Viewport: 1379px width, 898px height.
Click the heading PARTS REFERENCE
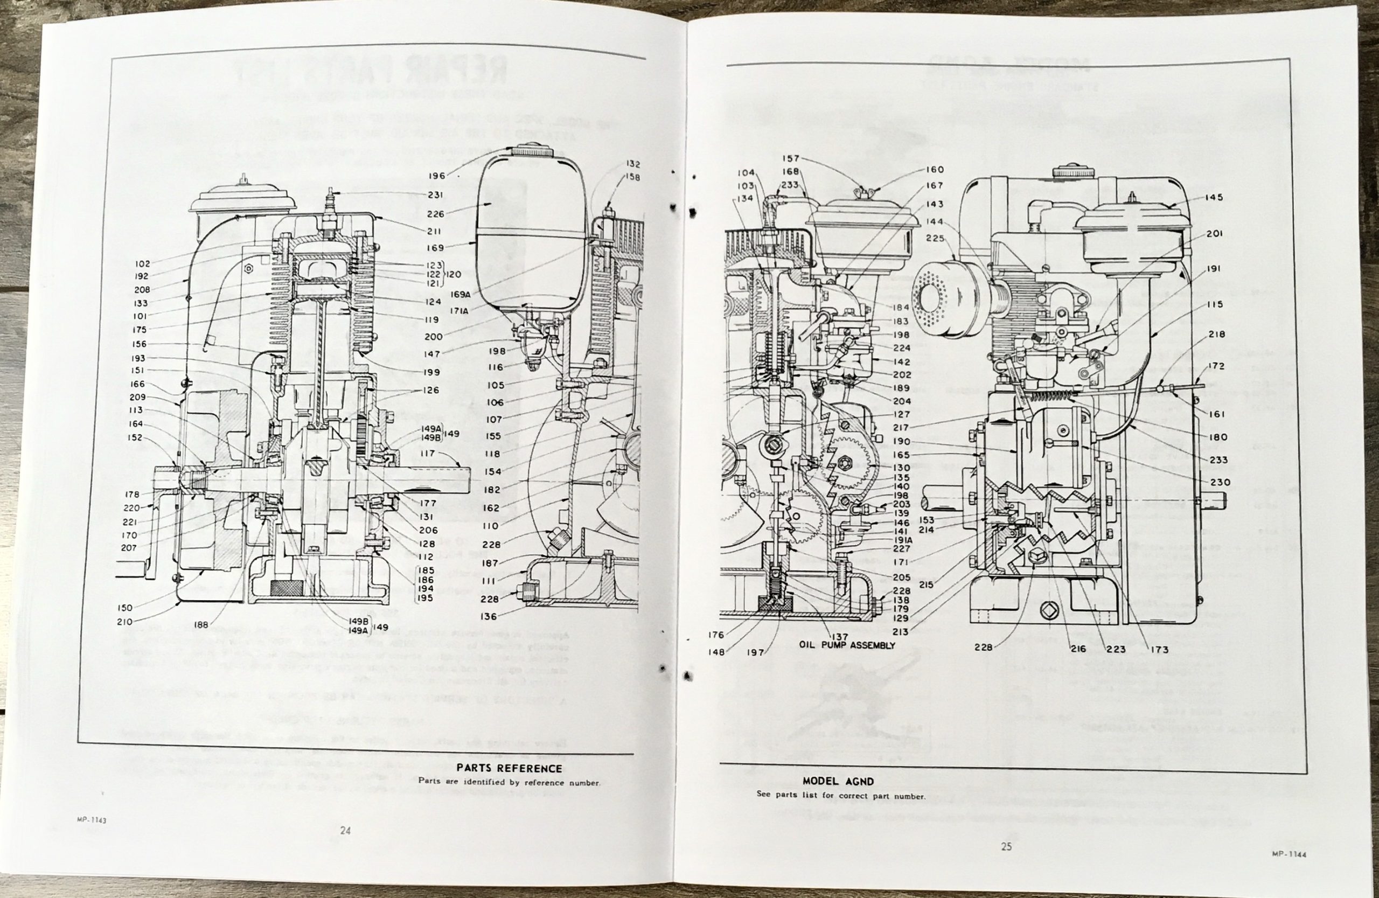509,768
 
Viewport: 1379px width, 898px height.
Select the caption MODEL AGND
838,782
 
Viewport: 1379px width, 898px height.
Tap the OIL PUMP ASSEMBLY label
847,645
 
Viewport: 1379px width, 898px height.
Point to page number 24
345,830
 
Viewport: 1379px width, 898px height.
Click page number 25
1006,846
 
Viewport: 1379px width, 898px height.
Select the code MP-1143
91,820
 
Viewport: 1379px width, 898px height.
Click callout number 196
437,176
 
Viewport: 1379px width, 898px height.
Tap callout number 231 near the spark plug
435,195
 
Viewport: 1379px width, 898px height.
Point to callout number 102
142,263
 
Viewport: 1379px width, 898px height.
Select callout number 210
124,622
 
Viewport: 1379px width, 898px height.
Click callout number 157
790,158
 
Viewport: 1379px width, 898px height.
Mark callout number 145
1214,198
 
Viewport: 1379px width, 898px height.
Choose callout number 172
1216,366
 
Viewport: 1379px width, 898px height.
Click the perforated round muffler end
937,301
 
